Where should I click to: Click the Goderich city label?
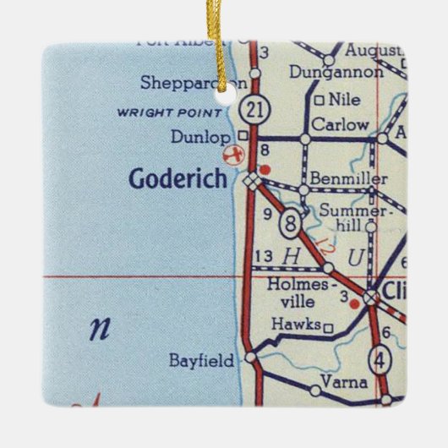tap(178, 179)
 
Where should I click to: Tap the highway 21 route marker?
tap(250, 109)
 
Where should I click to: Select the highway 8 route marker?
tap(290, 223)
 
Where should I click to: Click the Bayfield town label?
tap(200, 361)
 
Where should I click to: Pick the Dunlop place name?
tap(199, 136)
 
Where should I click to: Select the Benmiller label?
tap(348, 178)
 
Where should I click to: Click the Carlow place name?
tap(339, 125)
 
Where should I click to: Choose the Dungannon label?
tap(336, 73)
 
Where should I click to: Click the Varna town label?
tap(346, 383)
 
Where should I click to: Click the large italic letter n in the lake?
tap(100, 328)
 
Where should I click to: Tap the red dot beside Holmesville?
tap(355, 302)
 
